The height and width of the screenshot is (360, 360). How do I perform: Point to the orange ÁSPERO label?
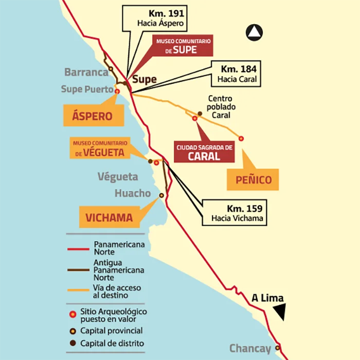pyautogui.click(x=93, y=116)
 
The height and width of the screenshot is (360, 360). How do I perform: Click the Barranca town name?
pyautogui.click(x=86, y=72)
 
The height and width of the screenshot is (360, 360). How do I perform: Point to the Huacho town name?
pyautogui.click(x=133, y=193)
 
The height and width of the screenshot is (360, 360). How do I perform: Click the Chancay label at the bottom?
pyautogui.click(x=250, y=349)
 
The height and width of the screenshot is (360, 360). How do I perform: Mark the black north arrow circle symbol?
pyautogui.click(x=254, y=33)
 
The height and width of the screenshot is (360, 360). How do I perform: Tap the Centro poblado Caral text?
pyautogui.click(x=220, y=107)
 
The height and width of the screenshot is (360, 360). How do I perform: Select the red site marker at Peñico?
pyautogui.click(x=241, y=138)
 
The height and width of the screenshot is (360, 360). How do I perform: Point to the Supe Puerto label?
pyautogui.click(x=86, y=89)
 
